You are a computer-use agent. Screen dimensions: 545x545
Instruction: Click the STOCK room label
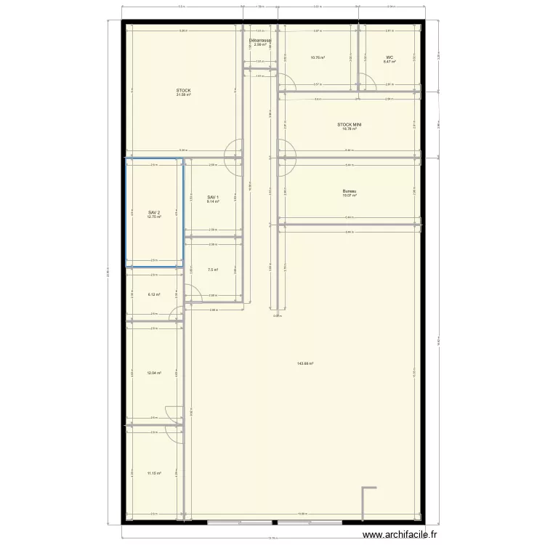pyautogui.click(x=183, y=90)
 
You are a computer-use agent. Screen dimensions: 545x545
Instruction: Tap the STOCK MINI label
pyautogui.click(x=350, y=124)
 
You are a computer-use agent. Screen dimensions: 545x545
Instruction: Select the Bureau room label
pyautogui.click(x=350, y=192)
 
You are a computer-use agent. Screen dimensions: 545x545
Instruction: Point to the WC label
pyautogui.click(x=389, y=57)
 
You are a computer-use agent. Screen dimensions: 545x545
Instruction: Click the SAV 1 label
pyautogui.click(x=212, y=197)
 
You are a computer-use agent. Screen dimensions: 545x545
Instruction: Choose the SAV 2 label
pyautogui.click(x=153, y=211)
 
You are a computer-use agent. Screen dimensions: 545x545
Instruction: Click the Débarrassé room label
pyautogui.click(x=260, y=41)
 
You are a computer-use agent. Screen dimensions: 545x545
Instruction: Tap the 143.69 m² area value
pyautogui.click(x=305, y=363)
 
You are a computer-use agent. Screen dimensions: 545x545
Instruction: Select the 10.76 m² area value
pyautogui.click(x=318, y=57)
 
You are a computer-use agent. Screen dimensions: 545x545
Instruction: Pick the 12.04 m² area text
pyautogui.click(x=153, y=374)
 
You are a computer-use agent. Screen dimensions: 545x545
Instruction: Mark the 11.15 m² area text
pyautogui.click(x=153, y=473)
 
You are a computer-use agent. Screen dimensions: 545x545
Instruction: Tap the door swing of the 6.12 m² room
pyautogui.click(x=177, y=314)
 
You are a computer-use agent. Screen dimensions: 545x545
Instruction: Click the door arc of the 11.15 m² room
pyautogui.click(x=174, y=434)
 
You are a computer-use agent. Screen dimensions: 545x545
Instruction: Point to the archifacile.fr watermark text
pyautogui.click(x=400, y=534)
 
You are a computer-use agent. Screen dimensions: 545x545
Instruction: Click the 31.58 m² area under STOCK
pyautogui.click(x=183, y=94)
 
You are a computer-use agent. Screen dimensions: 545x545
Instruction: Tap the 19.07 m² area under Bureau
pyautogui.click(x=350, y=195)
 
